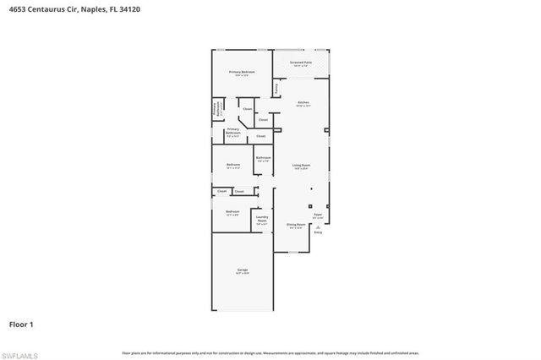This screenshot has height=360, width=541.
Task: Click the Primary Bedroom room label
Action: click(242, 74)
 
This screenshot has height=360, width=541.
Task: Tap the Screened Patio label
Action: click(302, 63)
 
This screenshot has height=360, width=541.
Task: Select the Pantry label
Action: click(276, 87)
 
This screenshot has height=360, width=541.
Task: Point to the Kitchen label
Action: click(303, 104)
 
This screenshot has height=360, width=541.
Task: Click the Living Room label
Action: click(302, 166)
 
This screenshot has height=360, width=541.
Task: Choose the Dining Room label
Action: click(295, 226)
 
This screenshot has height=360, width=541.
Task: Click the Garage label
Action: click(242, 272)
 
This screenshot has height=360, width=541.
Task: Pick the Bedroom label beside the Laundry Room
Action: click(232, 213)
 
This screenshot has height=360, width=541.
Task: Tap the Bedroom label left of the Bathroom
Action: click(232, 166)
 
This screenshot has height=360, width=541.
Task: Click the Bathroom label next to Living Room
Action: click(264, 159)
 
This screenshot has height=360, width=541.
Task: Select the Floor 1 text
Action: click(21, 324)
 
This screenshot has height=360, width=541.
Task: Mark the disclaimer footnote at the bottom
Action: click(270, 352)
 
